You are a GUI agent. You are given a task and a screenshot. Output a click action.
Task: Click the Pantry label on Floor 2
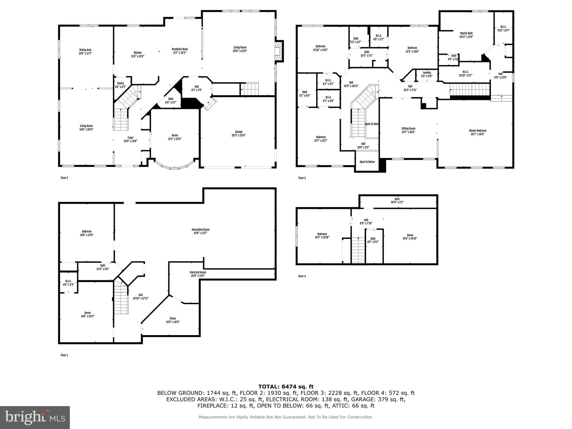pos(120,83)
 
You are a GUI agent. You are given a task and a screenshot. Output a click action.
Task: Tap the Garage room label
pos(239,132)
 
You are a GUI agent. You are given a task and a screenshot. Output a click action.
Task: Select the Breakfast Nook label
pos(180,49)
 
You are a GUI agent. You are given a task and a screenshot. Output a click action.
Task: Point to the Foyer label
pos(130,137)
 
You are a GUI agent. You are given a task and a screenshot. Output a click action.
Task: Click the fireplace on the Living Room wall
pos(278,51)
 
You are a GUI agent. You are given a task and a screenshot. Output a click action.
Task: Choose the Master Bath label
pos(466,33)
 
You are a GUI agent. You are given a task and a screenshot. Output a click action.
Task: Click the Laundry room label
pos(427,73)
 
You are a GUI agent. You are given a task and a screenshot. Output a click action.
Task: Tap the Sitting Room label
pos(408,128)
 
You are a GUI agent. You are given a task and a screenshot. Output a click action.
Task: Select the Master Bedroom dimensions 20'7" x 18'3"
pos(478,134)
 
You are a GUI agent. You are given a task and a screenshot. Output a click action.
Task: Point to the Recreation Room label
pos(201,230)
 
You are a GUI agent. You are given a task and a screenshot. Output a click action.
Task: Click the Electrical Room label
pos(198,272)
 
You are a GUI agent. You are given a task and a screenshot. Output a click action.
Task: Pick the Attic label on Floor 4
pos(397,199)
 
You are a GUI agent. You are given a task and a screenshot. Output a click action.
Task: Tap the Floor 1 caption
pos(64,355)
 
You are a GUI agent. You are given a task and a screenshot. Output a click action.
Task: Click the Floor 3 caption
pos(302,178)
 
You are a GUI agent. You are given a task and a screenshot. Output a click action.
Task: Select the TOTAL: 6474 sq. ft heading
pos(286,387)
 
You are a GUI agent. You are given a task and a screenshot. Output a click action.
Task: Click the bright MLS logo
pos(35,417)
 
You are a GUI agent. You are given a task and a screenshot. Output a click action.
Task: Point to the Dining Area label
pos(85,50)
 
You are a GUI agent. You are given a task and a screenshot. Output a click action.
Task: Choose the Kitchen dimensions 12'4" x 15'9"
pos(138,56)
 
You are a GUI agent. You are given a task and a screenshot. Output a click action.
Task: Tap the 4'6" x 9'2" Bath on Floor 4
pos(373,240)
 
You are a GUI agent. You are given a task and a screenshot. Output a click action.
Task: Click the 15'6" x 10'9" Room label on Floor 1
pos(173,320)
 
